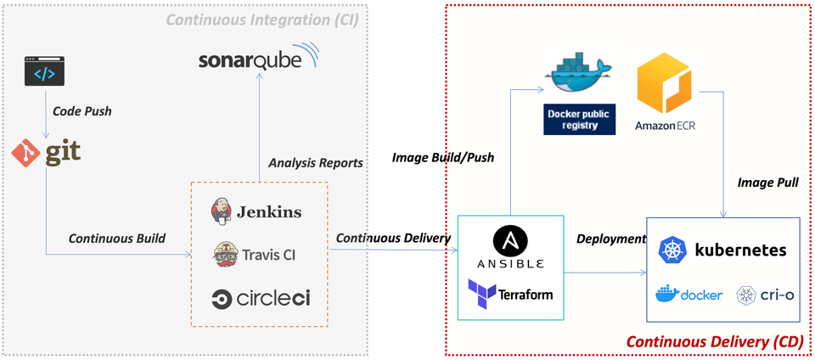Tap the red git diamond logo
pos(26,153)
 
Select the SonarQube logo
pos(258,59)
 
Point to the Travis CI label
pos(267,253)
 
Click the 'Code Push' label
pos(81,111)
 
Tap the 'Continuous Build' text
pos(116,239)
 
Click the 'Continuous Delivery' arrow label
pos(393,238)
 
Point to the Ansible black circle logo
pos(509,243)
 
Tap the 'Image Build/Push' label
pos(442,157)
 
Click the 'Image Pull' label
pos(768,182)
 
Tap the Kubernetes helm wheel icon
pos(672,250)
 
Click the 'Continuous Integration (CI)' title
pos(261,19)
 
